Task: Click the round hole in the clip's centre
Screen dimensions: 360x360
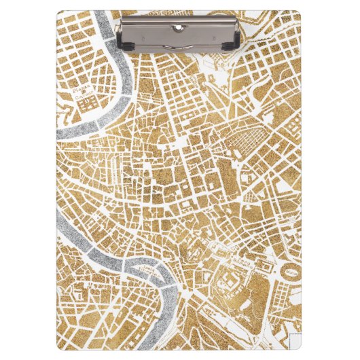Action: tap(178, 27)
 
